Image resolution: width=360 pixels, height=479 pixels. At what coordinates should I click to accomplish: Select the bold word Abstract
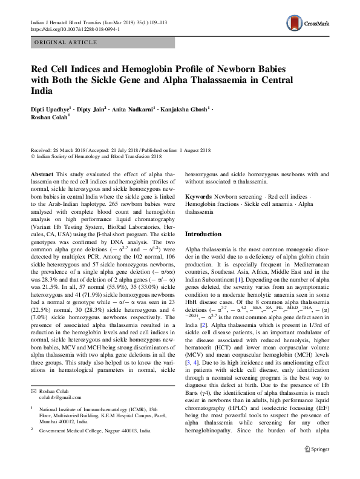42,173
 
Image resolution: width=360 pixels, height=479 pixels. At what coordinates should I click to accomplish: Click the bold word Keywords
198,197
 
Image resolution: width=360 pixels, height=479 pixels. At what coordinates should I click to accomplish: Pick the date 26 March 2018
73,150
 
